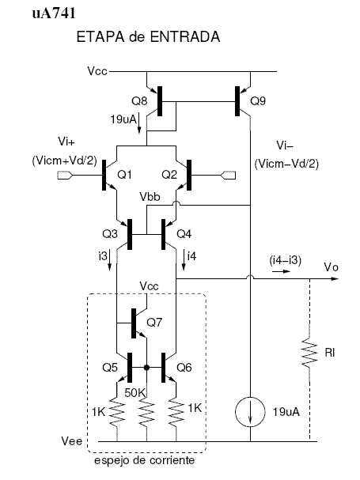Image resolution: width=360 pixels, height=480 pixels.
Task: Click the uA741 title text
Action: point(54,13)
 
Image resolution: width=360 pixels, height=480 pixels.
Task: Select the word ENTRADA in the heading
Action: point(185,36)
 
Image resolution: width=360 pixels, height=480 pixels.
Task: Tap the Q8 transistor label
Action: point(139,101)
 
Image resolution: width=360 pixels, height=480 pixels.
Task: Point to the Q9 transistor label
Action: point(258,101)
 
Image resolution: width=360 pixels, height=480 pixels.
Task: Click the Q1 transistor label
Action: point(124,175)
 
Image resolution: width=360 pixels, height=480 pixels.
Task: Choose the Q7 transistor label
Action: point(154,323)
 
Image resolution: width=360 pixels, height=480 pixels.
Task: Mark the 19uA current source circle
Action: point(250,412)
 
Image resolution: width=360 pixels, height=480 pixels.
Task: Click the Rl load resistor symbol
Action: point(309,352)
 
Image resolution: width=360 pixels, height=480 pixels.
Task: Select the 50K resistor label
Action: point(135,393)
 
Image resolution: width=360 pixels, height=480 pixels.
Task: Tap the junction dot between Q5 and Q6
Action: point(146,368)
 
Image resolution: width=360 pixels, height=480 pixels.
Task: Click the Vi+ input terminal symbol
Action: point(65,176)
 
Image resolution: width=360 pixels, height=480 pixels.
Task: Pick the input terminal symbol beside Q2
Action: point(228,176)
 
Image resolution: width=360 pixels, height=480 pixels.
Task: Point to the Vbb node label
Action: point(150,197)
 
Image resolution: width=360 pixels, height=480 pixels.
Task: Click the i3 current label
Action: point(103,256)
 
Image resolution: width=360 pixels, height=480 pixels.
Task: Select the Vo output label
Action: point(332,267)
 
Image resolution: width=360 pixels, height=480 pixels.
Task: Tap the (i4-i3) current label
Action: point(286,260)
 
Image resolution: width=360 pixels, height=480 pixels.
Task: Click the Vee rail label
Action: point(72,441)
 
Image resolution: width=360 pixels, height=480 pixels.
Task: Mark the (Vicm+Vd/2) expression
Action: point(64,161)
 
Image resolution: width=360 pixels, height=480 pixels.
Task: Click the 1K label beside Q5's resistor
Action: point(98,412)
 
